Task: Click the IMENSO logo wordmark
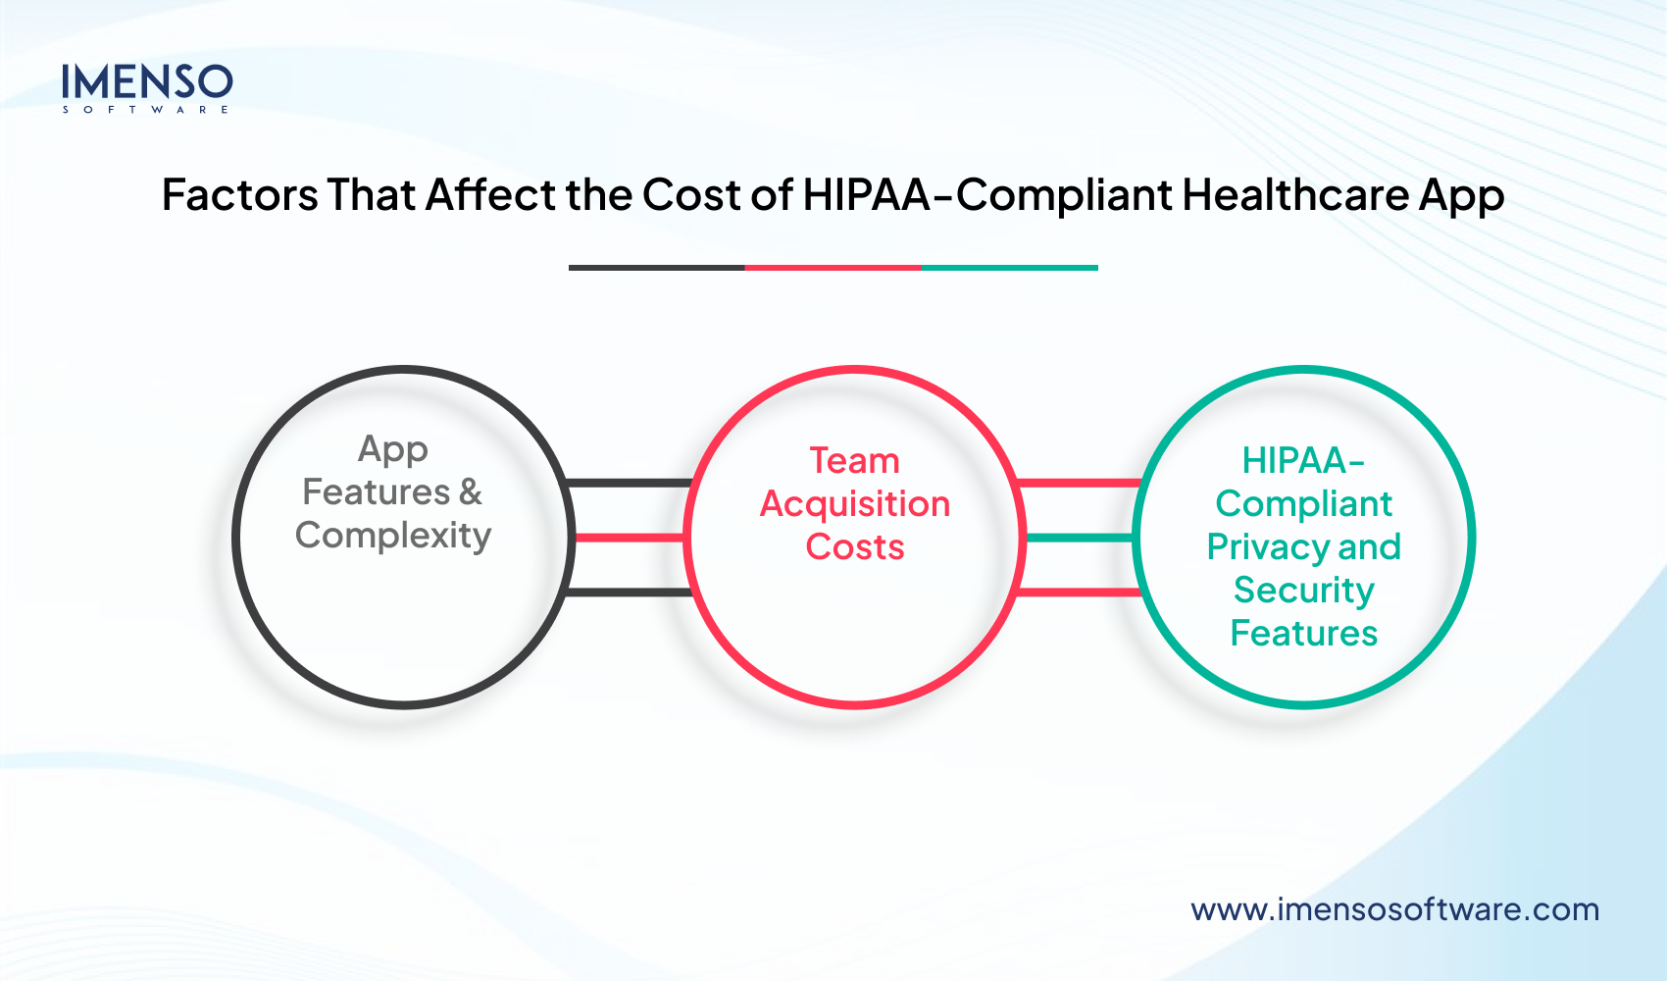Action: pyautogui.click(x=147, y=82)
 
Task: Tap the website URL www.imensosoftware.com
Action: pyautogui.click(x=1394, y=909)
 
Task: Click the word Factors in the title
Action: pyautogui.click(x=239, y=195)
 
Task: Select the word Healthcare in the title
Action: pyautogui.click(x=1295, y=195)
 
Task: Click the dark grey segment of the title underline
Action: pyautogui.click(x=656, y=267)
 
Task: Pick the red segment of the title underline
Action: pyautogui.click(x=833, y=267)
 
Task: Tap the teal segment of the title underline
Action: pyautogui.click(x=1009, y=267)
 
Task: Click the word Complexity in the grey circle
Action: pyautogui.click(x=393, y=536)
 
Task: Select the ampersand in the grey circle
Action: pyautogui.click(x=471, y=491)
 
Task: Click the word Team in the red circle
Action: pyautogui.click(x=854, y=460)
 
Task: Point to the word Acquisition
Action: pyautogui.click(x=854, y=504)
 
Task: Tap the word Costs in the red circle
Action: pyautogui.click(x=854, y=546)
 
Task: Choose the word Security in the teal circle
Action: pyautogui.click(x=1303, y=591)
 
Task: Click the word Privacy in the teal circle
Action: pyautogui.click(x=1268, y=546)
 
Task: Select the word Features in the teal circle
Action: pyautogui.click(x=1303, y=634)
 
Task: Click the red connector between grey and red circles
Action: pyautogui.click(x=630, y=538)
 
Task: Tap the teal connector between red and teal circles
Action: pyautogui.click(x=1079, y=538)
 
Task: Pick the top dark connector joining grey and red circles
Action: pyautogui.click(x=630, y=483)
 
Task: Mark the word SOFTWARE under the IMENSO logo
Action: pyautogui.click(x=146, y=110)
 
